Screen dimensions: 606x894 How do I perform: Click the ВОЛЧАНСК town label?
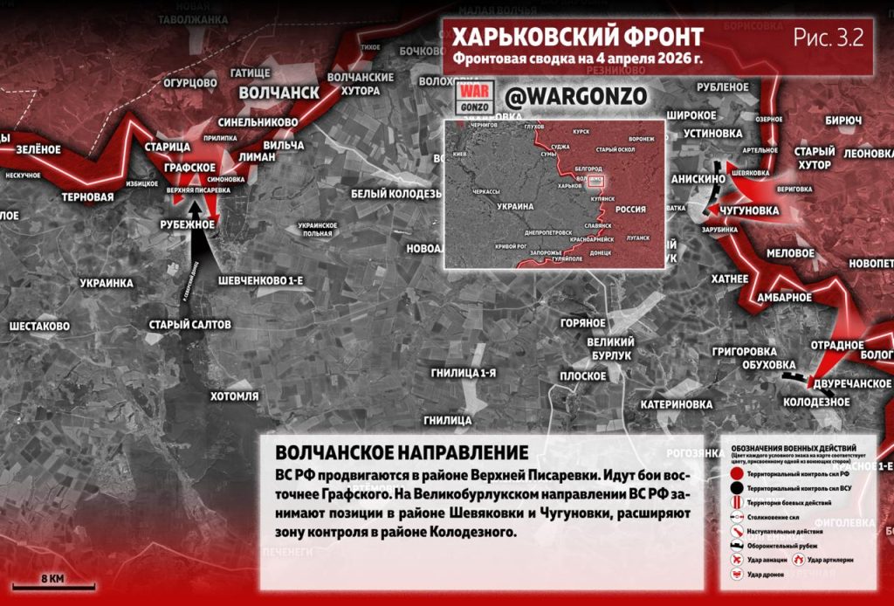pyautogui.click(x=279, y=93)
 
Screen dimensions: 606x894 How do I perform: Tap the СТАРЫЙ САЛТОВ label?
pyautogui.click(x=189, y=325)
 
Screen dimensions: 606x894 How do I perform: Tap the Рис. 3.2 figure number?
pyautogui.click(x=828, y=38)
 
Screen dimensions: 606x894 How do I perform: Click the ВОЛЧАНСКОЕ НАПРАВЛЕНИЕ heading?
pyautogui.click(x=402, y=453)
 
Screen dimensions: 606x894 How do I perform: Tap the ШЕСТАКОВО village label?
pyautogui.click(x=39, y=326)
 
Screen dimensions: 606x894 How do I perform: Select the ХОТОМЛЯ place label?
pyautogui.click(x=234, y=396)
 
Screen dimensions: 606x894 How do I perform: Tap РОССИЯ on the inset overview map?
pyautogui.click(x=630, y=210)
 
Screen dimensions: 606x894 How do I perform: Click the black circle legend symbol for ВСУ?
pyautogui.click(x=738, y=488)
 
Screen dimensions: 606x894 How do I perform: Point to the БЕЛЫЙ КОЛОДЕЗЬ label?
pyautogui.click(x=395, y=193)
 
